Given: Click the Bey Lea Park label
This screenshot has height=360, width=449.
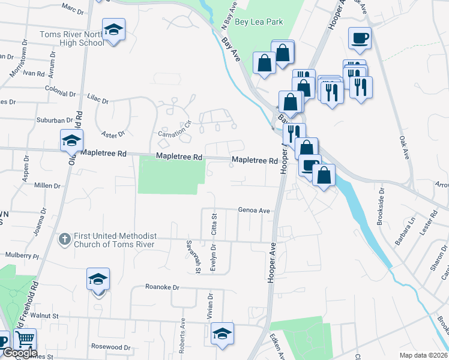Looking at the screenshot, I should pos(259,22).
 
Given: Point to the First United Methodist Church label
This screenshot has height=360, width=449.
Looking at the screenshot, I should pos(114,240).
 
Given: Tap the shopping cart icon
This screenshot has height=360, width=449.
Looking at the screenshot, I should pos(25,340).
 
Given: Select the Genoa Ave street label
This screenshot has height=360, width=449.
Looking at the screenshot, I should pos(254,211).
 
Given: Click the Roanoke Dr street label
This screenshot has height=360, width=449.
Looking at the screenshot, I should pos(162,287).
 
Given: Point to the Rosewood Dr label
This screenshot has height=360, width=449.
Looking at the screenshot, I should pos(110,347).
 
